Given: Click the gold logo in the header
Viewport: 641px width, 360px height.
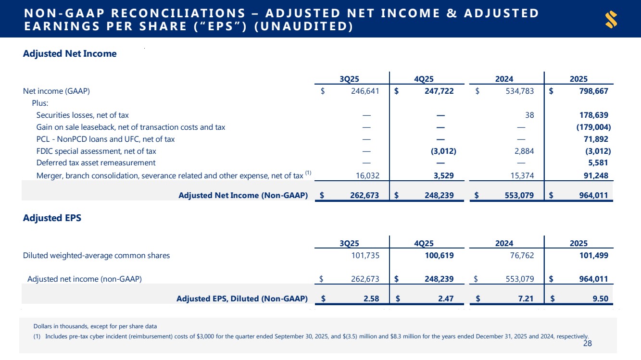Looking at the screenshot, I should [611, 20].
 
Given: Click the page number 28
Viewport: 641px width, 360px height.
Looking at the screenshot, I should [587, 343].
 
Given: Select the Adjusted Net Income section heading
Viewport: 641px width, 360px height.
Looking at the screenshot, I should [70, 54].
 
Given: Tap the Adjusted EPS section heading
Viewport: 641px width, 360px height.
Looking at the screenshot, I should [52, 218].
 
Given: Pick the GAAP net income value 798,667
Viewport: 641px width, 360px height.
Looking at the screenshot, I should [591, 91].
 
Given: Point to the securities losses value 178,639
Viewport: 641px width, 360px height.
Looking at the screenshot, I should [591, 115].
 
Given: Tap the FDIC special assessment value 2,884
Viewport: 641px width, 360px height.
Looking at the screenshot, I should [522, 151].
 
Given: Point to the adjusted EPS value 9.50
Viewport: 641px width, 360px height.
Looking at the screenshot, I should [600, 298].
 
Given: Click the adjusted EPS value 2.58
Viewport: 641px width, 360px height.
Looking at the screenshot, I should [371, 298].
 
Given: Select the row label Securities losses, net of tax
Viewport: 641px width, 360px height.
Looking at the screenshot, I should [82, 115].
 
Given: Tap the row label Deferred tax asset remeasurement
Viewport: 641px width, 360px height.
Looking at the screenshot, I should [96, 163].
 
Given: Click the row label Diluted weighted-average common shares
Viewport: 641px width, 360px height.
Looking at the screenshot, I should [96, 256].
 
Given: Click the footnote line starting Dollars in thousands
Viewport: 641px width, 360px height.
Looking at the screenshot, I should [95, 326].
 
